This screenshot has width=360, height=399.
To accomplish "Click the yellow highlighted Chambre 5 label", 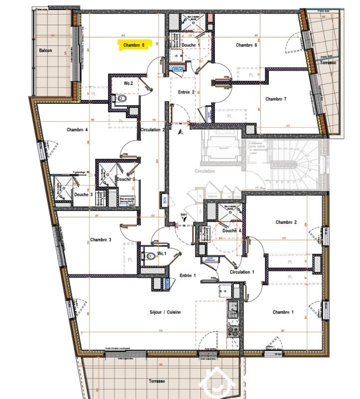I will click(134, 45).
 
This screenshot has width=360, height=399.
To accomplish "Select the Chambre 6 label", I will click(246, 45).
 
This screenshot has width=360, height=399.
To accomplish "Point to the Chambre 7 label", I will click(276, 99).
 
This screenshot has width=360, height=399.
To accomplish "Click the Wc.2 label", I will click(128, 83).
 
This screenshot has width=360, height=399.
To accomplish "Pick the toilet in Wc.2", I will click(122, 99).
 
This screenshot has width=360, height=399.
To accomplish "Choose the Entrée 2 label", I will click(186, 92).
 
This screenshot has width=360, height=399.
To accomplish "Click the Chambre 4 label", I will click(77, 130).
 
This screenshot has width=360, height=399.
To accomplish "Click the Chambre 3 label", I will click(100, 240).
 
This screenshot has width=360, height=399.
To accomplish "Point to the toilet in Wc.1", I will click(151, 256).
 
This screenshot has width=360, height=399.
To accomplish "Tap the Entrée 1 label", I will click(187, 275).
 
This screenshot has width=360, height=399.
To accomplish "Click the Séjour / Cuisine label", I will click(165, 312).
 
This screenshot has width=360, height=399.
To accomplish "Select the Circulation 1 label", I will click(242, 272).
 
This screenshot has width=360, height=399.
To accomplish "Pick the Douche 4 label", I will click(232, 231).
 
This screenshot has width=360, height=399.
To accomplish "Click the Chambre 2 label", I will click(286, 222).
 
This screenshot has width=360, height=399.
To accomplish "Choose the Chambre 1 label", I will click(283, 312).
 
